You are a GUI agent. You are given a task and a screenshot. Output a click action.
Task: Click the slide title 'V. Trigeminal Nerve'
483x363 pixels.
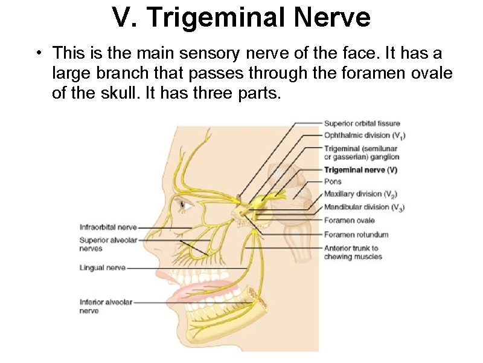[241, 18]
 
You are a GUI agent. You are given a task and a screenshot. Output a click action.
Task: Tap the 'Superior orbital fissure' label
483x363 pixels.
[362, 124]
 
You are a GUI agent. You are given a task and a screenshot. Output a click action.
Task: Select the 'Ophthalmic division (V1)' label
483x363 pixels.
[361, 136]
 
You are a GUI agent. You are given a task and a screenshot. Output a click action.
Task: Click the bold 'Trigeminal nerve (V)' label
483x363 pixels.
[360, 170]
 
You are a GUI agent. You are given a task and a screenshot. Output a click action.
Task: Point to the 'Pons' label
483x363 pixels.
[333, 181]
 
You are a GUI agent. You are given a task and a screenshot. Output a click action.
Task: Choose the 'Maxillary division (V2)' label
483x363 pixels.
[360, 194]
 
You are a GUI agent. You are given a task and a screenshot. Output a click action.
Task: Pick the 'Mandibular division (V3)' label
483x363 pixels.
[364, 208]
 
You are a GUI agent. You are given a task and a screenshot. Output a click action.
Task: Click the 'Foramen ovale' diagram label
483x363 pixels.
[349, 220]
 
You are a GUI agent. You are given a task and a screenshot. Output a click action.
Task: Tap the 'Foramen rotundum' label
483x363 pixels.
[356, 234]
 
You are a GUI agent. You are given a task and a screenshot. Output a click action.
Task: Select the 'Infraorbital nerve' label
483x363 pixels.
[108, 227]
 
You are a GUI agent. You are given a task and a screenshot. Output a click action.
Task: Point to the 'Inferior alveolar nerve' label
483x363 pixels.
[106, 306]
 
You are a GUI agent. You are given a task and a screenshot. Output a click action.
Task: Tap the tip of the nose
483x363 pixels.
[155, 252]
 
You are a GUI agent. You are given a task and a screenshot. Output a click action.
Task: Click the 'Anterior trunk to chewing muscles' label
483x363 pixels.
[353, 252]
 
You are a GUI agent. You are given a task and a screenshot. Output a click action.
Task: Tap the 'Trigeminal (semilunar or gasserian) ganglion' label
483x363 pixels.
[361, 152]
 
